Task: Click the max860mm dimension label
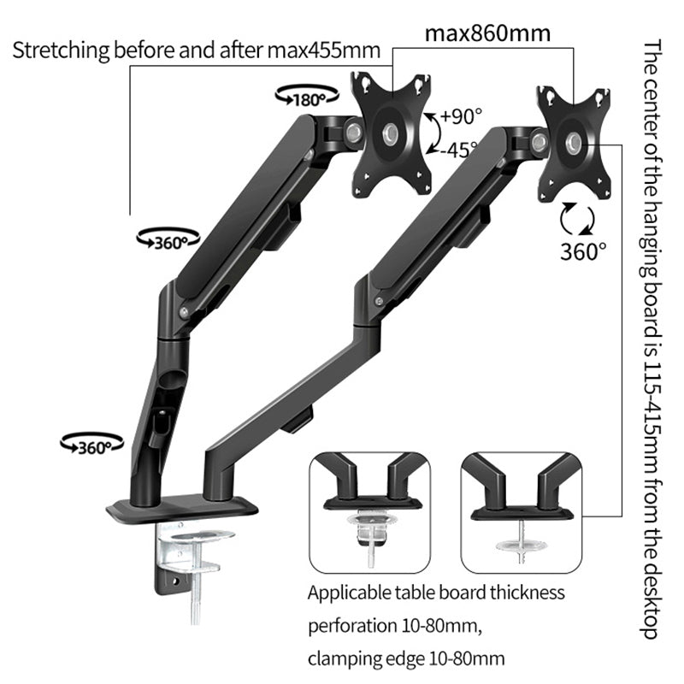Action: click(488, 34)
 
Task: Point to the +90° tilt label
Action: click(463, 115)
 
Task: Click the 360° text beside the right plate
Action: click(584, 250)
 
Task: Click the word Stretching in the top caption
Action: click(59, 50)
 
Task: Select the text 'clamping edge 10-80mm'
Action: click(406, 658)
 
